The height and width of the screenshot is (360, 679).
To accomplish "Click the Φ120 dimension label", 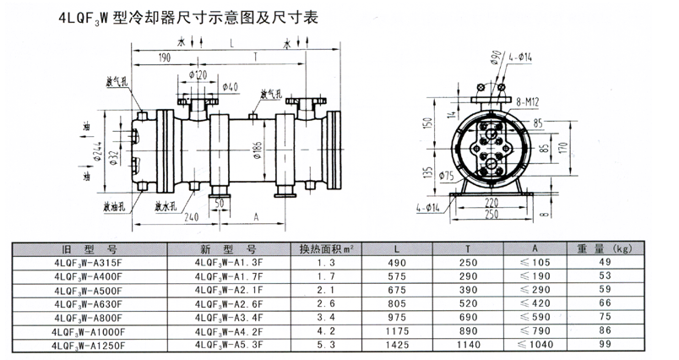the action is pyautogui.click(x=198, y=75).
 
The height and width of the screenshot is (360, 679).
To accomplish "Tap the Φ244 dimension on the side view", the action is pyautogui.click(x=98, y=151).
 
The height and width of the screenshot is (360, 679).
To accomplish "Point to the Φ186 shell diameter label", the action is pyautogui.click(x=258, y=150).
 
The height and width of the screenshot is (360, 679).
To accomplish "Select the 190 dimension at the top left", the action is pyautogui.click(x=165, y=57).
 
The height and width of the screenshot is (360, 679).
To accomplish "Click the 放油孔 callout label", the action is pyautogui.click(x=114, y=206).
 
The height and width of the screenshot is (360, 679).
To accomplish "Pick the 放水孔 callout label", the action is pyautogui.click(x=166, y=206).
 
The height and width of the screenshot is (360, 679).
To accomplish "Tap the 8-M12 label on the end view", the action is pyautogui.click(x=528, y=102).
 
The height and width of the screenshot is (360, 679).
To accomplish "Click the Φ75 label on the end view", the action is pyautogui.click(x=446, y=176).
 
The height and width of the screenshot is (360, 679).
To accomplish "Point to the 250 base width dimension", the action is pyautogui.click(x=491, y=214).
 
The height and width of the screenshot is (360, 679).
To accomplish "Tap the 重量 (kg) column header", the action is pyautogui.click(x=605, y=248).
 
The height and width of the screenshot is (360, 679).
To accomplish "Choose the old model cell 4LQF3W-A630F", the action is pyautogui.click(x=89, y=304).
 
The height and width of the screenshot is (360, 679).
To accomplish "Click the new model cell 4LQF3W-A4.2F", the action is pyautogui.click(x=229, y=332).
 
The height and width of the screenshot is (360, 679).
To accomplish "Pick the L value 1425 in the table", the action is pyautogui.click(x=397, y=345).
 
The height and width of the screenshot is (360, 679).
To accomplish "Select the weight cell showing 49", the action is pyautogui.click(x=605, y=262).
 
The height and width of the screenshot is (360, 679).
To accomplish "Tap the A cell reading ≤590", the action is pyautogui.click(x=535, y=317).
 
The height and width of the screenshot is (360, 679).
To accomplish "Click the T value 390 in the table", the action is pyautogui.click(x=468, y=290).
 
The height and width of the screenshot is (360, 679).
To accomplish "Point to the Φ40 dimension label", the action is pyautogui.click(x=230, y=87).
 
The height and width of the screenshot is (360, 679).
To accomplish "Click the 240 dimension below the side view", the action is pyautogui.click(x=192, y=216).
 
